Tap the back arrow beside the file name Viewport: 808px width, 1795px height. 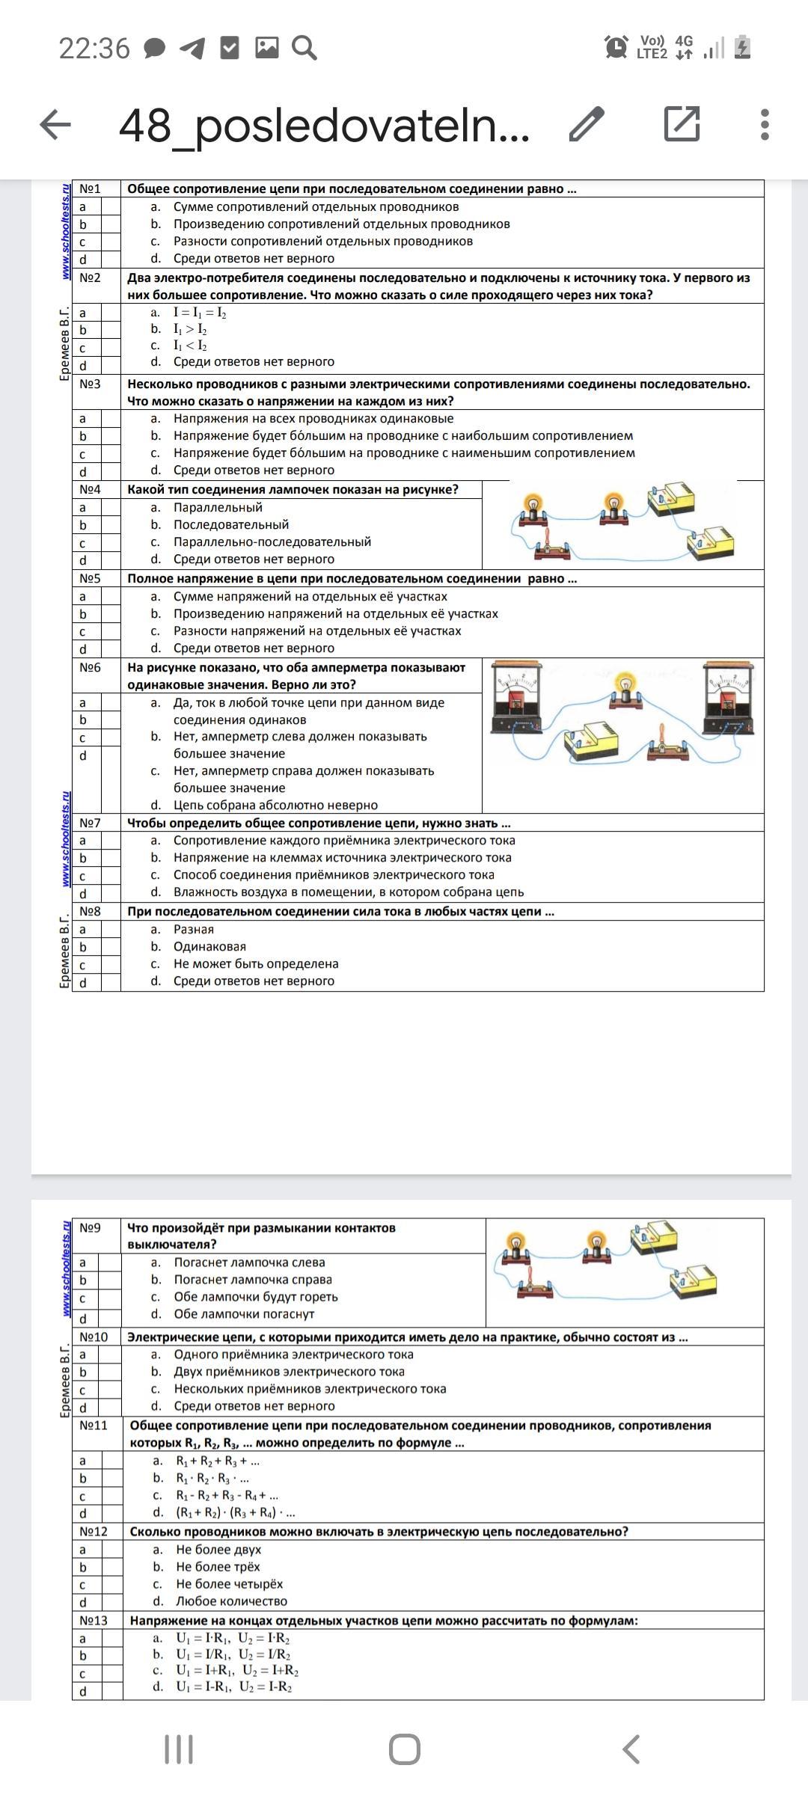click(x=55, y=124)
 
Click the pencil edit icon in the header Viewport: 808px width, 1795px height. click(x=587, y=124)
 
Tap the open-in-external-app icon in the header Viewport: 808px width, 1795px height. click(x=682, y=123)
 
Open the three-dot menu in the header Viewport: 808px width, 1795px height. click(x=764, y=124)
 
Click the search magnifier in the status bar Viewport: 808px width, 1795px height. click(x=304, y=48)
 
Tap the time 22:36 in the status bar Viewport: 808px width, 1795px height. click(x=94, y=49)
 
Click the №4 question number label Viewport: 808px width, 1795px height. click(x=90, y=490)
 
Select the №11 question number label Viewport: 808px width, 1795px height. click(x=94, y=1426)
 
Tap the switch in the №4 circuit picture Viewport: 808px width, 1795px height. click(x=551, y=546)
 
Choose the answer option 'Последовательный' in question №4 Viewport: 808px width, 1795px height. click(x=231, y=525)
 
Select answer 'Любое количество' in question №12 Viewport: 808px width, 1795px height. click(x=231, y=1601)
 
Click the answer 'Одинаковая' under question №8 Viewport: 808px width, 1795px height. click(x=209, y=947)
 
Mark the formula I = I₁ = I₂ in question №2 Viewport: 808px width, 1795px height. click(x=200, y=313)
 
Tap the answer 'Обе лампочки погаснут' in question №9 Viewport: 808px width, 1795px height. click(x=244, y=1314)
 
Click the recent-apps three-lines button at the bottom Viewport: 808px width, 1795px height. click(x=179, y=1749)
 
